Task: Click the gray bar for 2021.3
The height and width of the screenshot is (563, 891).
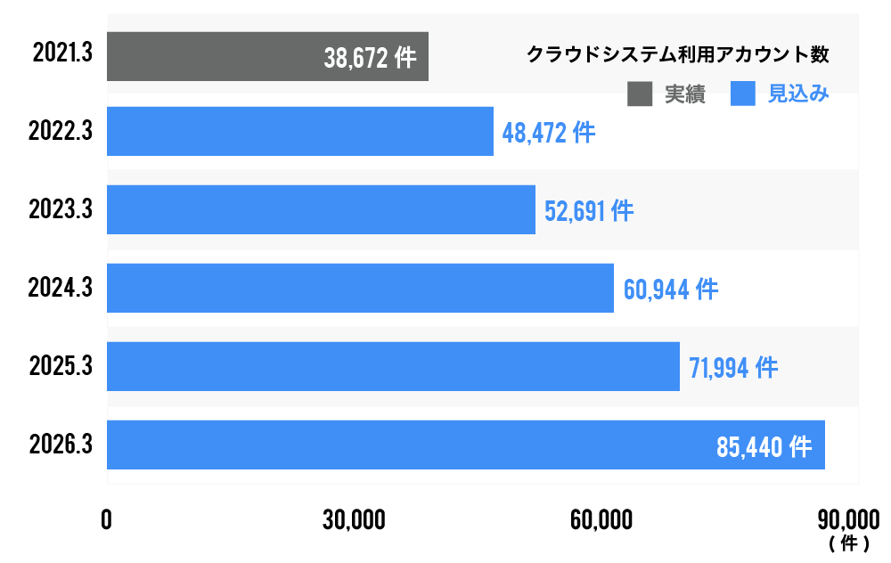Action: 214,56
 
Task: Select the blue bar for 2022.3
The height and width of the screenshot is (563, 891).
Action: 300,132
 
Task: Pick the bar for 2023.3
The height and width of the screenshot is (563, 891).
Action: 321,209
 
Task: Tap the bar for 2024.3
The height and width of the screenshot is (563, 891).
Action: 360,288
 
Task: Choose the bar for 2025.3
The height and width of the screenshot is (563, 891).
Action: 393,366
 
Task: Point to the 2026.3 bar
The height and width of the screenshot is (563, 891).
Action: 410,445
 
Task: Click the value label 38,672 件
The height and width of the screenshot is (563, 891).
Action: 370,59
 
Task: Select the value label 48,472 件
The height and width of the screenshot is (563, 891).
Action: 548,134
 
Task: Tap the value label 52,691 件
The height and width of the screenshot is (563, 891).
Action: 589,212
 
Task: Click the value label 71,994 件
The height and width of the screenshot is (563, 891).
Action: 733,368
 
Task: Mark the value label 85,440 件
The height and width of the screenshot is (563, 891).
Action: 764,446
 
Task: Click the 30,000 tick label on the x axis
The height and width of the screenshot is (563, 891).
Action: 354,520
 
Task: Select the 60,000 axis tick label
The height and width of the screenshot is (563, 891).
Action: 602,520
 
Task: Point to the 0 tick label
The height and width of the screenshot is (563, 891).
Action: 107,520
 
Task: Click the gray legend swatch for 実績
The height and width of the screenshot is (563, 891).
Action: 640,94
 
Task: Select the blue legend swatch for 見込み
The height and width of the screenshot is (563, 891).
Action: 742,94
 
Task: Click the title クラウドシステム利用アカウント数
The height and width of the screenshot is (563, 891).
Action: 678,54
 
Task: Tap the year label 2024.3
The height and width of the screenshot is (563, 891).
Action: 61,288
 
